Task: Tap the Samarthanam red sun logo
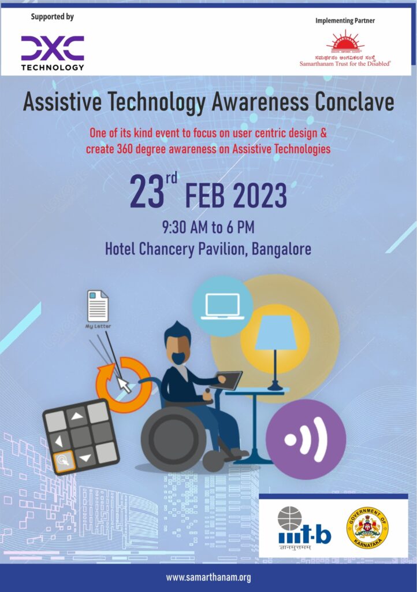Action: point(345,41)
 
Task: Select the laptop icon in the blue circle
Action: point(222,306)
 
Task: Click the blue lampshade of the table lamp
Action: point(275,335)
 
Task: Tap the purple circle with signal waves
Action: point(306,439)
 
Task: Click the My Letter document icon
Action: point(97,306)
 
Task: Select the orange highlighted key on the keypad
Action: point(62,461)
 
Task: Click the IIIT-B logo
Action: point(304,528)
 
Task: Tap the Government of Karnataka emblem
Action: point(367,527)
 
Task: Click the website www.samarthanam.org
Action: point(208,577)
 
